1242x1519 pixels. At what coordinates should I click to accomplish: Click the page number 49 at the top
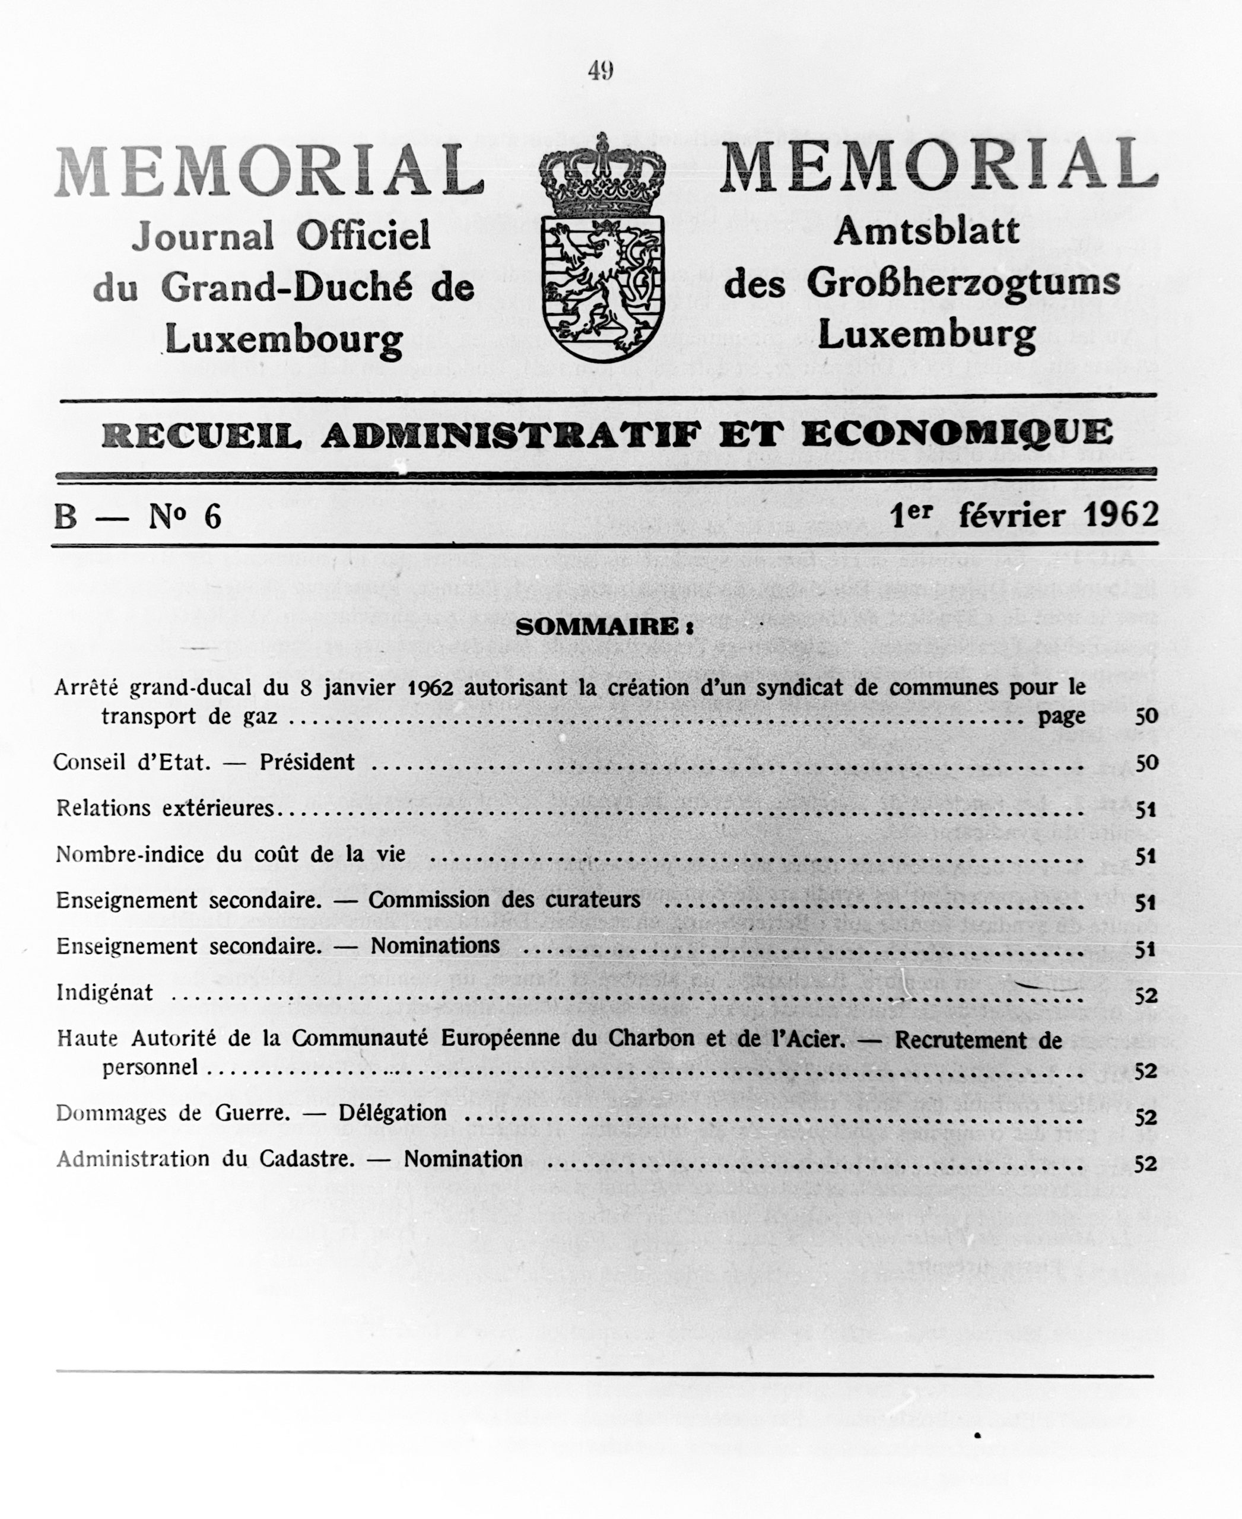click(601, 71)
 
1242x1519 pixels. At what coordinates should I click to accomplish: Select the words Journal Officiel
click(281, 236)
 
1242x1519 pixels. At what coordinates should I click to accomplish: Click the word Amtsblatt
click(926, 231)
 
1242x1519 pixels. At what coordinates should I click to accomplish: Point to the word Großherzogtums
click(963, 284)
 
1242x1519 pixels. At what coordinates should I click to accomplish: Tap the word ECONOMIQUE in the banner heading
click(957, 434)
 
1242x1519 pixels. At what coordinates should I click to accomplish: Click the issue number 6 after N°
click(212, 517)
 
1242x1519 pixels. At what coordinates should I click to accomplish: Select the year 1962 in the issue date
click(1120, 514)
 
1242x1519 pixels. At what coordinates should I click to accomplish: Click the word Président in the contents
click(307, 762)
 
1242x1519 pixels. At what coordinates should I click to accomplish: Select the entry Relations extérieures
click(166, 809)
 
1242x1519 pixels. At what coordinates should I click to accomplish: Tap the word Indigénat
click(104, 993)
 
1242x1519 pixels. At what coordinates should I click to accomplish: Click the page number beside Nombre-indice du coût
click(1145, 856)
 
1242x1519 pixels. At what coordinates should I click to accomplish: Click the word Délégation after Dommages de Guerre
click(392, 1113)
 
